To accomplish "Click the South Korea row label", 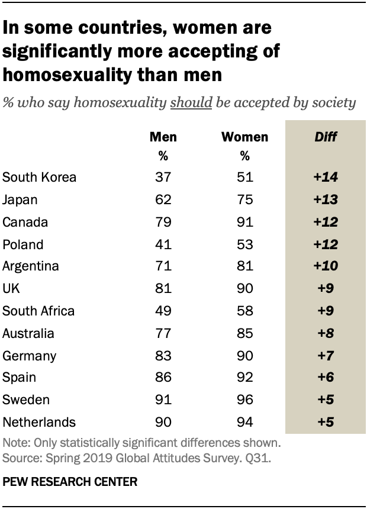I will [40, 177].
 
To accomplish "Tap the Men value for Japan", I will [163, 199].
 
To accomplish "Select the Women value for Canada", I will [245, 222].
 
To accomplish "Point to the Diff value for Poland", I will [326, 244].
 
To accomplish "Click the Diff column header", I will [326, 137].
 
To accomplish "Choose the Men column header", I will [163, 137].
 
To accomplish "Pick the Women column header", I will [245, 137].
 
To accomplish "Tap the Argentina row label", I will [31, 266].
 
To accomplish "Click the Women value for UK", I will [245, 289].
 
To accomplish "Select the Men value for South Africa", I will [163, 311].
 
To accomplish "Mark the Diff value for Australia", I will [326, 333].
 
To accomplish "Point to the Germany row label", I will [30, 356].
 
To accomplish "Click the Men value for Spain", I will [163, 378].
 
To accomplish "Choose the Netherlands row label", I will [39, 423].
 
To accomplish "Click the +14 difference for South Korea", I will [326, 177].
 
